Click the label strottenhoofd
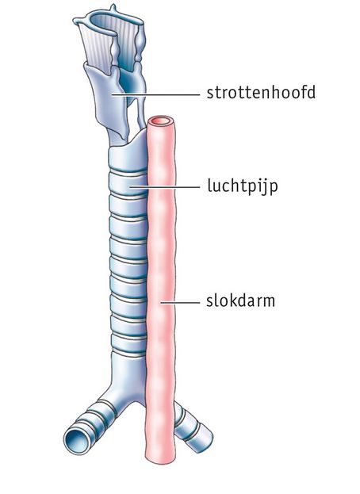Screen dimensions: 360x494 [261, 92]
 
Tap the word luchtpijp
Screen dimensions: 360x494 [243, 186]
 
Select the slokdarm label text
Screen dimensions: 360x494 [240, 301]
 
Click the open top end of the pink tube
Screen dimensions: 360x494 [161, 121]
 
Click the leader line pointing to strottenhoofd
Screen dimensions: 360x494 [155, 94]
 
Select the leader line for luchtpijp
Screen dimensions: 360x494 [165, 186]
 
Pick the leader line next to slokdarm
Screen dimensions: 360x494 [180, 303]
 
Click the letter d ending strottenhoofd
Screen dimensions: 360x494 [310, 92]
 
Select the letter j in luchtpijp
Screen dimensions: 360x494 [264, 187]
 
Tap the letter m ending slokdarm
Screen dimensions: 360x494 [268, 302]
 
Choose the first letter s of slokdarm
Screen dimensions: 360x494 [210, 302]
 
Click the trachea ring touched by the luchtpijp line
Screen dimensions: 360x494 [128, 186]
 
